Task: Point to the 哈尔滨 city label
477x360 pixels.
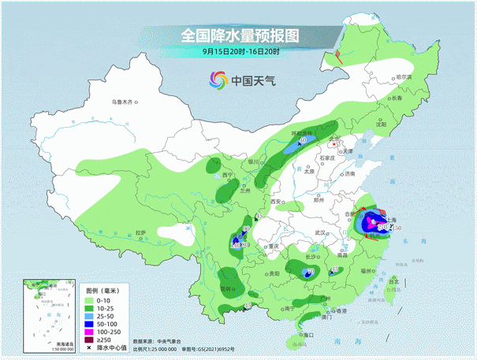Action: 404,77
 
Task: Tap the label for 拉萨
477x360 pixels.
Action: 140,232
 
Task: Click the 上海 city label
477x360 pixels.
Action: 389,221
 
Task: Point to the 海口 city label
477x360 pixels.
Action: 306,336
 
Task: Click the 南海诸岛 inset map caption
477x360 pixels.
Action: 53,343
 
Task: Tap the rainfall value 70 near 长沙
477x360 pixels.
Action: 310,272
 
